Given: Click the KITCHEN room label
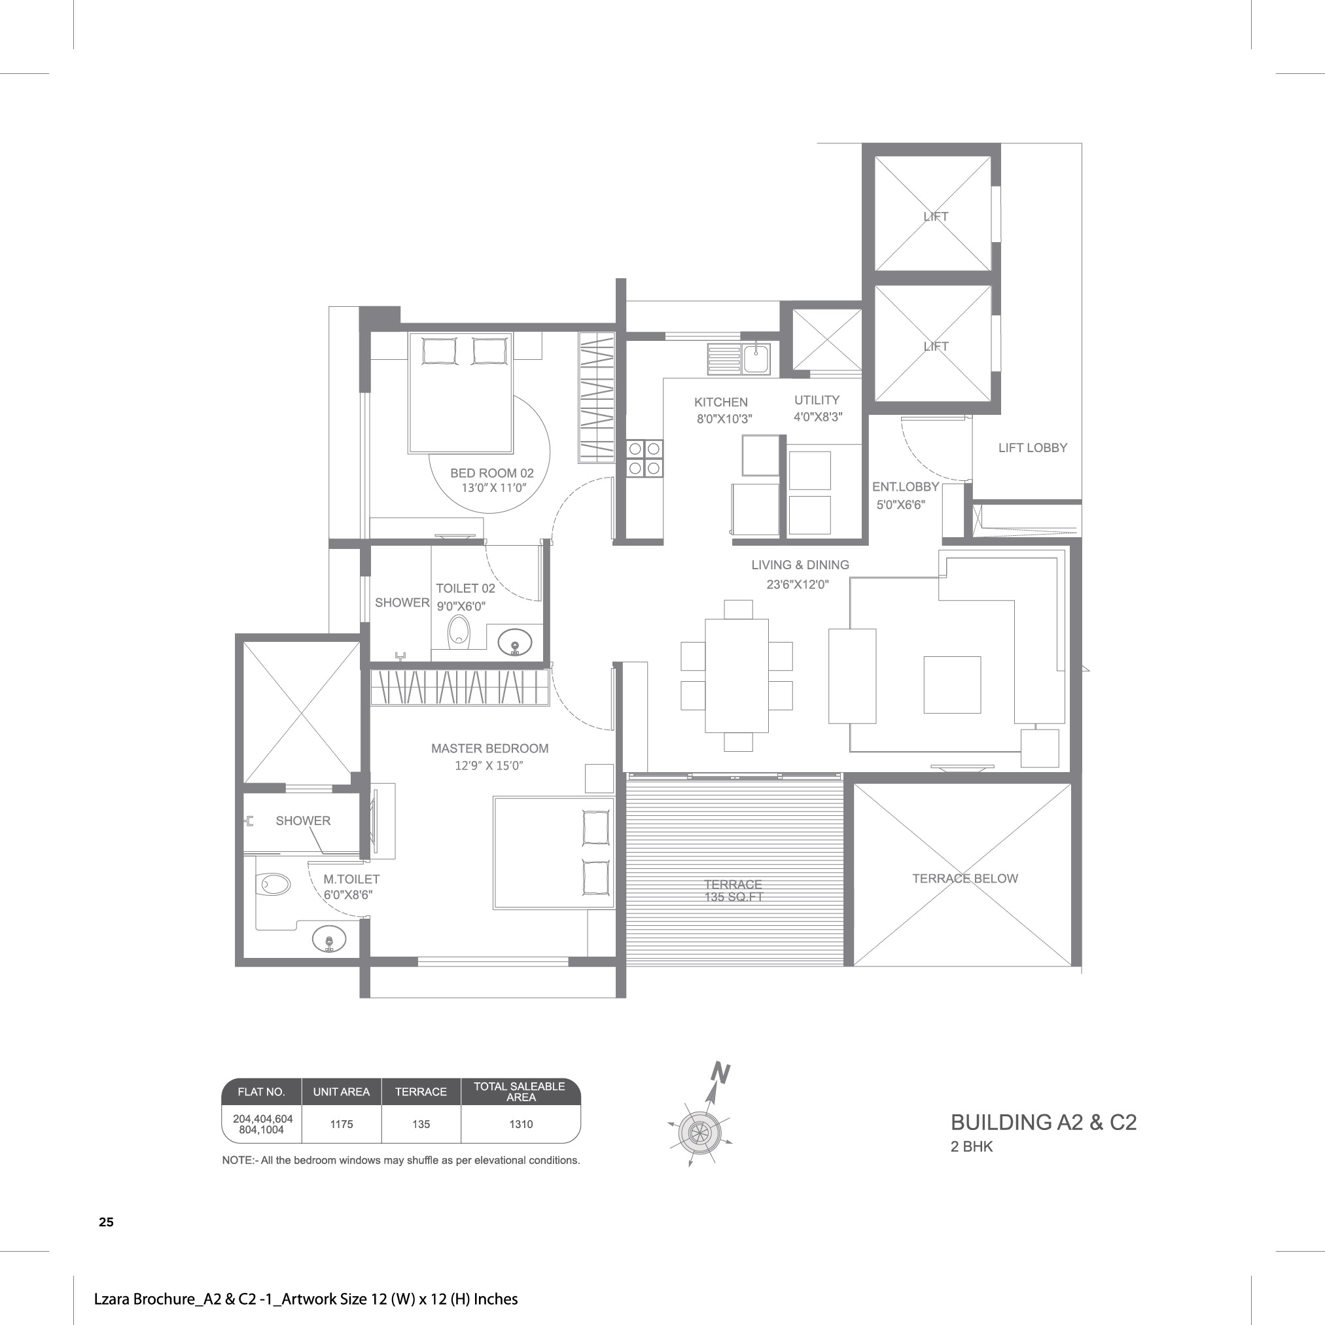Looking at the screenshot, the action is tap(721, 402).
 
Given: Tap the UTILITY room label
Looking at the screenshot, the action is tap(817, 400).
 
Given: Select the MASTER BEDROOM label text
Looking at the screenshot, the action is tap(489, 749).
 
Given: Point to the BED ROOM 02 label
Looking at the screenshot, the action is tap(492, 472).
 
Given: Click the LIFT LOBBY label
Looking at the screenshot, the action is tap(1033, 448).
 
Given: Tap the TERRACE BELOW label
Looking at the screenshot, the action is tap(965, 879).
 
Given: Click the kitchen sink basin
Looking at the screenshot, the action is tap(756, 359).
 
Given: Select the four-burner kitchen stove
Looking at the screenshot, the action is tap(645, 458).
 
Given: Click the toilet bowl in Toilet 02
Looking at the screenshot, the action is tap(458, 631).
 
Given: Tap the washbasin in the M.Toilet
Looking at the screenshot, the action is tap(329, 939).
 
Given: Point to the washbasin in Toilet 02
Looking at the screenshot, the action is tap(515, 643).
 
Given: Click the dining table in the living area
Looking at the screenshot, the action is tap(737, 675).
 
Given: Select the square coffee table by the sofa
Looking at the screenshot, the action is tap(952, 684).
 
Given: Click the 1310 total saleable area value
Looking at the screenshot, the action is tap(521, 1124).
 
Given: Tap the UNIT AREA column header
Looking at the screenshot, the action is tap(341, 1092).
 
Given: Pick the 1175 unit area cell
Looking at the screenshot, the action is tap(342, 1124).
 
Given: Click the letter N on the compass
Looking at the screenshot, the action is tap(720, 1072).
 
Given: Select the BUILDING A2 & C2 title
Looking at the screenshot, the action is tap(1043, 1123).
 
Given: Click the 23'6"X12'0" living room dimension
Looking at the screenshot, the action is tap(798, 584).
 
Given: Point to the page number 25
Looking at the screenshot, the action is tap(106, 1222).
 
